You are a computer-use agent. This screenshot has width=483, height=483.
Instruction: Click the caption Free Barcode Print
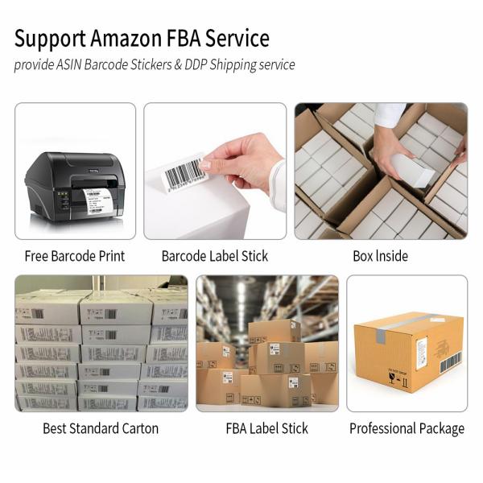tap(76, 256)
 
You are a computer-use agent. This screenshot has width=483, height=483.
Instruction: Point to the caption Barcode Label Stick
tap(215, 256)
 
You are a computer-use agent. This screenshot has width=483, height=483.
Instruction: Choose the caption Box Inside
tap(380, 256)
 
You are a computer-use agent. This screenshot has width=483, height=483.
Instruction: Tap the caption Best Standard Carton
tap(101, 428)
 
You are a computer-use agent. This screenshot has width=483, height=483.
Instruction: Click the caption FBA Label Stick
tap(266, 428)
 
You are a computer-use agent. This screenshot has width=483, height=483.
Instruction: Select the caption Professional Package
tap(407, 428)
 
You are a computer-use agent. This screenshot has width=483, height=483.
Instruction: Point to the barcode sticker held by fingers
tap(184, 171)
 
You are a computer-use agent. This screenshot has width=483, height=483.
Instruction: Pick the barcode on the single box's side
tap(449, 363)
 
